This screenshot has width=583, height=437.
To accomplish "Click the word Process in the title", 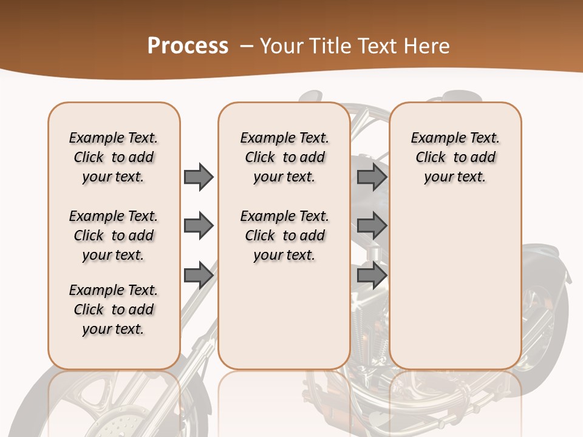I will (188, 46).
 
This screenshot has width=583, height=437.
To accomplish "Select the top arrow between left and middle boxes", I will (199, 177).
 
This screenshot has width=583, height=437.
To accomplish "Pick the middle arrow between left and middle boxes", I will (199, 226).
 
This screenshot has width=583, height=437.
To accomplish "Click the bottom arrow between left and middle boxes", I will (199, 275).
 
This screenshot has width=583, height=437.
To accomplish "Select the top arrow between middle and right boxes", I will (372, 177).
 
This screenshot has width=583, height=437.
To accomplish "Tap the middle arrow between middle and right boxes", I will (372, 226).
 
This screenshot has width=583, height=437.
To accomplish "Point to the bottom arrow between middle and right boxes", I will (372, 275).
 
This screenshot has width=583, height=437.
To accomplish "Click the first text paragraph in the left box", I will (114, 157).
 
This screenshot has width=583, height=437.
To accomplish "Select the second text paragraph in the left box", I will (114, 235).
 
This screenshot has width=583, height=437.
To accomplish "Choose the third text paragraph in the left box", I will (114, 310).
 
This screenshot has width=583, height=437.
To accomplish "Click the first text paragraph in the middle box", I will (285, 157).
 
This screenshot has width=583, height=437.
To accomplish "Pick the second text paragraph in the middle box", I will (285, 235).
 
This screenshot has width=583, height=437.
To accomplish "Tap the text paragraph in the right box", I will (455, 157).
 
